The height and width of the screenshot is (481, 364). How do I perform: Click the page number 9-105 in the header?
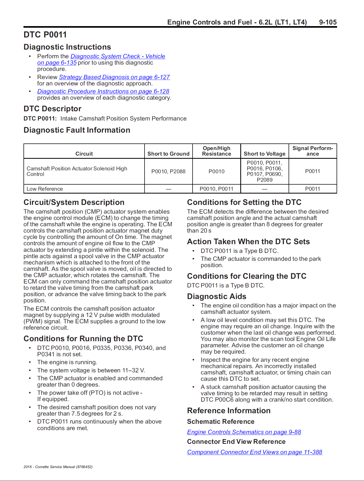coord(328,22)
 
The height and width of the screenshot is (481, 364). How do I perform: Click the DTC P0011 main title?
coord(45,35)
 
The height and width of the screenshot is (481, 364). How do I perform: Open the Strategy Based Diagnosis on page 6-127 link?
coord(114,77)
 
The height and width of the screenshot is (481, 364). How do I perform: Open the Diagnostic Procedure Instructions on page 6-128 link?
coord(103,92)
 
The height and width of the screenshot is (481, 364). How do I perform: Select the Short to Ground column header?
coord(168,154)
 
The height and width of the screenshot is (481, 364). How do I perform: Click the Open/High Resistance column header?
coord(217,151)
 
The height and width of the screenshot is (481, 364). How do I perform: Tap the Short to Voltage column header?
coord(265,154)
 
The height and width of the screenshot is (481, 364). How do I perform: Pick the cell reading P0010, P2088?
coord(168,171)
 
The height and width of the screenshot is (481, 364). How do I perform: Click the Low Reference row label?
coord(45,189)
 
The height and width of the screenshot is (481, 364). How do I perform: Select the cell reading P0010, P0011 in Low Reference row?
coord(217,189)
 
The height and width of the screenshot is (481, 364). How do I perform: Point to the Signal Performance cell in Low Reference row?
coord(313,189)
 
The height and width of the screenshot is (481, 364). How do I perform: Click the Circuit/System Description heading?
coord(74,202)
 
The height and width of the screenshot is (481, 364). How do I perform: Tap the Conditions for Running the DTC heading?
coord(83,339)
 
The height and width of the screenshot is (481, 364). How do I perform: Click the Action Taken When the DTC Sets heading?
coord(248,242)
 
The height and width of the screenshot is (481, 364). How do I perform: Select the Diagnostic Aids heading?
coord(217,296)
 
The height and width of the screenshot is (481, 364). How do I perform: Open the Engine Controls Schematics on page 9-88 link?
coord(244,432)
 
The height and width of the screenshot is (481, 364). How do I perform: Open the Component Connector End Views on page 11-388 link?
coord(255,452)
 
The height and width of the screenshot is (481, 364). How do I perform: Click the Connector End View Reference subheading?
coord(236,442)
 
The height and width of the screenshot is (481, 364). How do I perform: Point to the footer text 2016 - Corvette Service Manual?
coord(58,467)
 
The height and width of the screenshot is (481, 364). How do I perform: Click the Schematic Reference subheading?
coord(221,422)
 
